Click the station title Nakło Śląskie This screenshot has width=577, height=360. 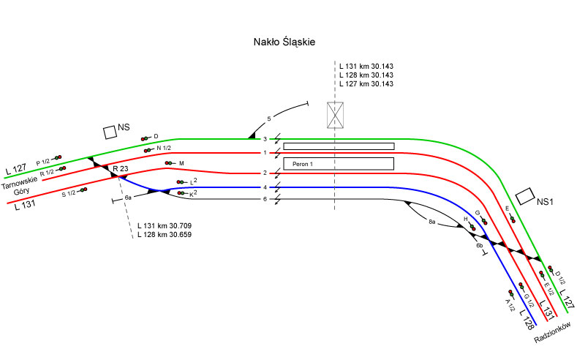coord(280,43)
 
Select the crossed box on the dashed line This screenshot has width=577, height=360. coord(336,115)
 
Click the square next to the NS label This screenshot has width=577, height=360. coord(110,132)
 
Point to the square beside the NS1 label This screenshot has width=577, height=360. coord(524,196)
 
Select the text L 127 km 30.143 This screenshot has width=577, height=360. coord(366,84)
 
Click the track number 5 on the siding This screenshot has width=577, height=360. coord(269,119)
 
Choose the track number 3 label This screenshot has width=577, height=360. coord(265,139)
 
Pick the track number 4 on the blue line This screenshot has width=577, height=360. coord(265,187)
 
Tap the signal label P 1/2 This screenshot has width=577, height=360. coord(42,161)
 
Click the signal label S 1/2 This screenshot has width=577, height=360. coord(69,193)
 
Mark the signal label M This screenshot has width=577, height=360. coord(181,162)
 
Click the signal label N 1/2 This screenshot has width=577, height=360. coord(163,149)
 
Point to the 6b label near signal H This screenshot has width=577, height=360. coord(480,246)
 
